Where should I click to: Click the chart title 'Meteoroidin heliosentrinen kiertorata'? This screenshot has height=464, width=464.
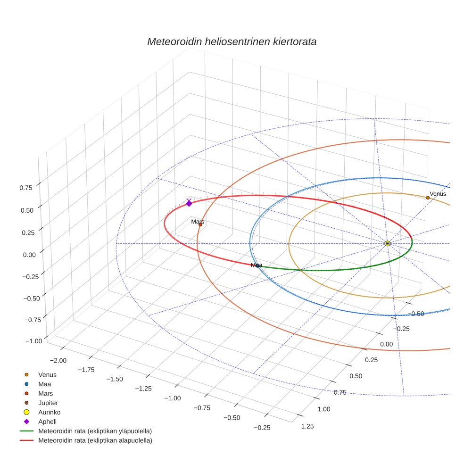tap(232, 41)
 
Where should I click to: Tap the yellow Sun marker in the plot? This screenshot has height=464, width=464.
tap(387, 243)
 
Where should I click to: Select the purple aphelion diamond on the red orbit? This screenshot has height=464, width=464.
tap(189, 203)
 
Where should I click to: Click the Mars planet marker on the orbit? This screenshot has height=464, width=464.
tap(200, 224)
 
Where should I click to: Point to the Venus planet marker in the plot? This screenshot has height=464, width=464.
tap(428, 198)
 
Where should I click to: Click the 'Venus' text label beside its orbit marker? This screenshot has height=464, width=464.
tap(438, 194)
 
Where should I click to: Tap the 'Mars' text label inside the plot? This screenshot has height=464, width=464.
tap(198, 221)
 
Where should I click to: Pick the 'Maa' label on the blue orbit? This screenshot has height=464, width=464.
tap(257, 265)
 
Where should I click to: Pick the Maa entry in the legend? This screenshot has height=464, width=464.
tap(44, 384)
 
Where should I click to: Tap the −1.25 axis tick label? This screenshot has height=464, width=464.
tap(143, 389)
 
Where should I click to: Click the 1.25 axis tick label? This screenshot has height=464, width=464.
tap(307, 426)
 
